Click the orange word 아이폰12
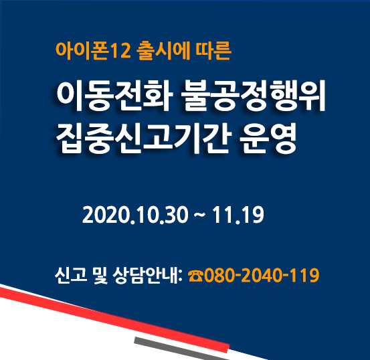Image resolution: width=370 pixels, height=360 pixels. point(93,51)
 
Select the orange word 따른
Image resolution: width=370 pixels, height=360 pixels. point(213,51)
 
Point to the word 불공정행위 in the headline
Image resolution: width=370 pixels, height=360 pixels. point(254,96)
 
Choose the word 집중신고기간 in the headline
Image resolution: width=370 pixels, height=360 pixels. point(141,138)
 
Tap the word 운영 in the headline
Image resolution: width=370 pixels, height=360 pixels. point(268,138)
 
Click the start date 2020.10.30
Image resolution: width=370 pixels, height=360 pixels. point(135,215)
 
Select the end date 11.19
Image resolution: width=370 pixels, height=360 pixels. point(238,215)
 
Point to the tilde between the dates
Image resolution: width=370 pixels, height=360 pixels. point(199,214)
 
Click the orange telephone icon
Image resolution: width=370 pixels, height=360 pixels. point(195,276)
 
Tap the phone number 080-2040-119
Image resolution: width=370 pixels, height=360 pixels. point(262,275)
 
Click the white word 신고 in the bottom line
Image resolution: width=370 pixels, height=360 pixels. point(71,275)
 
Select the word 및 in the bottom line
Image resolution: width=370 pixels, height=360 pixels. point(100,275)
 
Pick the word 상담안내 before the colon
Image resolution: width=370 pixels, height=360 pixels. point(145,275)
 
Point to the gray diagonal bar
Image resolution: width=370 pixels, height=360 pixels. point(182,349)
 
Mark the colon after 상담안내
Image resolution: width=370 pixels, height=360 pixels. point(181,276)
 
